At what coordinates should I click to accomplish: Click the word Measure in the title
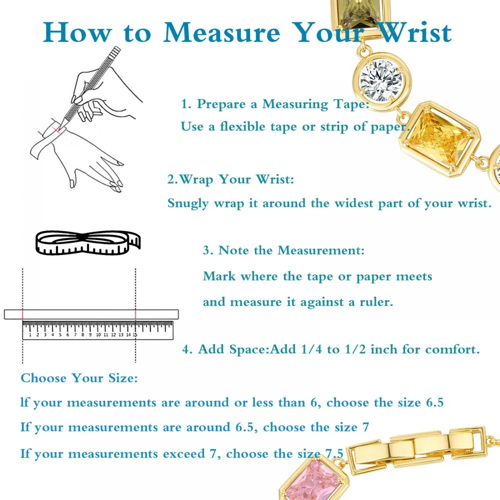click(221, 32)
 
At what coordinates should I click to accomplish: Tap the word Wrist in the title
click(415, 32)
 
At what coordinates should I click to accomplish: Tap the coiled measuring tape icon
click(87, 243)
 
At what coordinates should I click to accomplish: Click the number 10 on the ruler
click(98, 335)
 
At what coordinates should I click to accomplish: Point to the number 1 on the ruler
click(30, 335)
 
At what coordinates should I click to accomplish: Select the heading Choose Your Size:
click(79, 378)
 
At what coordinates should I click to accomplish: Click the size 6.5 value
click(435, 402)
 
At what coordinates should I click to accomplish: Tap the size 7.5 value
click(334, 453)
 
